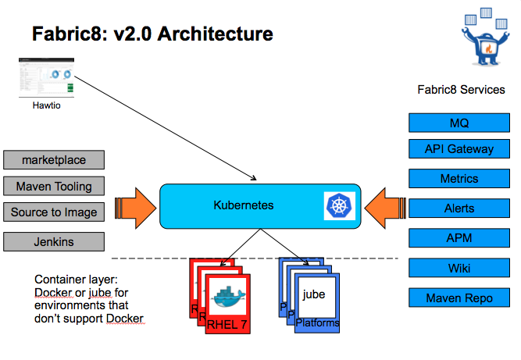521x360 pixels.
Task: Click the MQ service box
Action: [x=459, y=123]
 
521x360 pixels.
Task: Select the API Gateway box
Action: [x=459, y=150]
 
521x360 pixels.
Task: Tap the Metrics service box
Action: [x=459, y=179]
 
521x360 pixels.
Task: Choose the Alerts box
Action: [x=459, y=209]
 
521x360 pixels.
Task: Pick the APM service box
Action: [x=459, y=238]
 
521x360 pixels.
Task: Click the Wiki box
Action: [x=459, y=268]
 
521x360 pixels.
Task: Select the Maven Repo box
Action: [x=459, y=298]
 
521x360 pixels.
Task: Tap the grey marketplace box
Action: [x=54, y=161]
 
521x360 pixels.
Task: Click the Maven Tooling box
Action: [x=54, y=186]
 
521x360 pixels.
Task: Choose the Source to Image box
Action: [x=54, y=212]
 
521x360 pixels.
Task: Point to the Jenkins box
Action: [x=54, y=241]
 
